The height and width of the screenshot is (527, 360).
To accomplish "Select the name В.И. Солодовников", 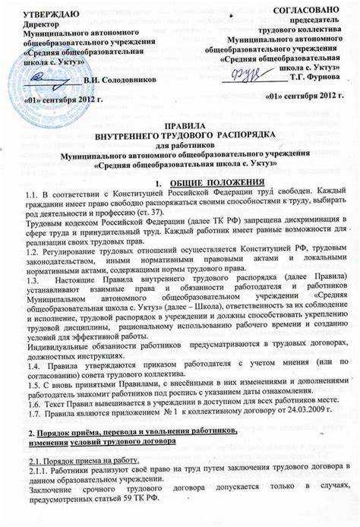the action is point(121,79).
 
